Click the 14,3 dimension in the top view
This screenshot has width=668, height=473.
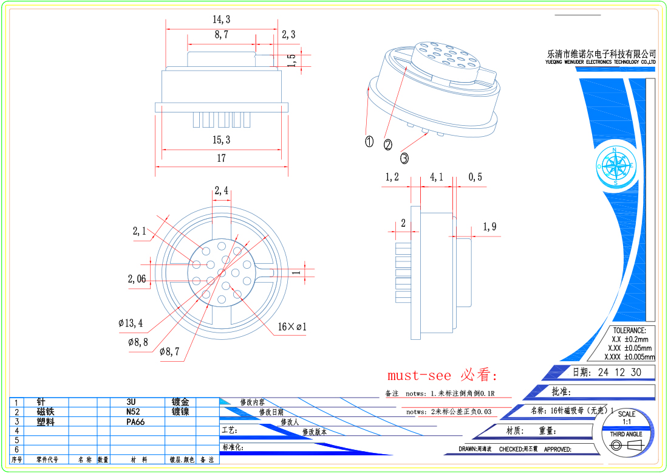tap(221, 19)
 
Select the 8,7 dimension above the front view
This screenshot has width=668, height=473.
tap(221, 35)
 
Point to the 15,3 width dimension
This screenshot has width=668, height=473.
tap(221, 140)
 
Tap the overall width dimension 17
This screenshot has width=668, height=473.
tap(221, 158)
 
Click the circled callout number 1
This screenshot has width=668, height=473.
tap(369, 142)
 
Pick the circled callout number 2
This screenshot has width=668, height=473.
tap(388, 145)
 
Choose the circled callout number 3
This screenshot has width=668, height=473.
tap(404, 158)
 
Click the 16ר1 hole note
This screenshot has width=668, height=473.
tap(292, 327)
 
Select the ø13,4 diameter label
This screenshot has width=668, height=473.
tap(131, 323)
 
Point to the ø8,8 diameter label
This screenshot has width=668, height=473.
tap(138, 342)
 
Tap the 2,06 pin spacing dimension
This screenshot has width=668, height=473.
tap(137, 279)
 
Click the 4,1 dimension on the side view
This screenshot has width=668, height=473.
tap(437, 178)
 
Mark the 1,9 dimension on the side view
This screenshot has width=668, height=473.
tap(489, 227)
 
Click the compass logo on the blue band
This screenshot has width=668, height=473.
tap(616, 165)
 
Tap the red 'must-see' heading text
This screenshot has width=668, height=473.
tap(442, 375)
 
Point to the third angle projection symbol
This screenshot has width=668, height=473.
tap(625, 447)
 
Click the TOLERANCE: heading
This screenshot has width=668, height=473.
tap(629, 330)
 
